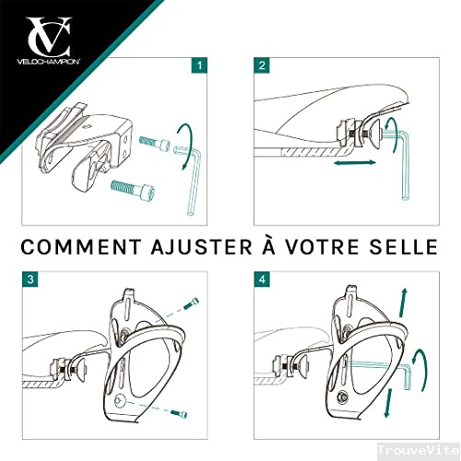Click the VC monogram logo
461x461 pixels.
click(48, 37)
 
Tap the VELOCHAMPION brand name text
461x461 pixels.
click(49, 62)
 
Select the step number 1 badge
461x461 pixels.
click(199, 65)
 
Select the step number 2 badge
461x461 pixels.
click(262, 65)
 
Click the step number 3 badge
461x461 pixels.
click(30, 279)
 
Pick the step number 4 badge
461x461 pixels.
click(262, 279)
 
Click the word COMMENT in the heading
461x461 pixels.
click(80, 247)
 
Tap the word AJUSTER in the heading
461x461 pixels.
click(201, 247)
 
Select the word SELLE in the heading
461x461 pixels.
click(403, 247)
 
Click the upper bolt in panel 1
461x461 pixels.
click(155, 143)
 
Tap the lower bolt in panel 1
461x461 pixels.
click(133, 188)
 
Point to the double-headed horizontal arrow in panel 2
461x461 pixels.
click(355, 163)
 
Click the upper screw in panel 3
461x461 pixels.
click(191, 303)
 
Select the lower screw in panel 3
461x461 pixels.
click(179, 414)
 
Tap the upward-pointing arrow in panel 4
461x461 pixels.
click(403, 302)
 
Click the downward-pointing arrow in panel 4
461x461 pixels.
click(388, 403)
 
